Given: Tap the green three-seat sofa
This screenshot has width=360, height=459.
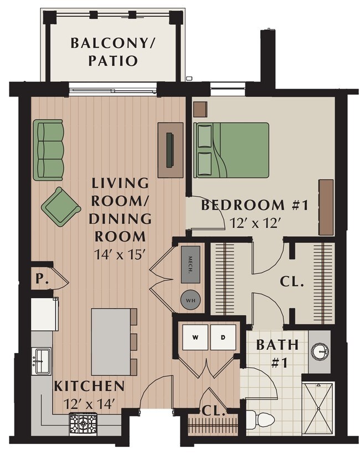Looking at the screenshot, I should [x=48, y=150].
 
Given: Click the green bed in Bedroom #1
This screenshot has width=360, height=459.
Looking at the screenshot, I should [x=231, y=150].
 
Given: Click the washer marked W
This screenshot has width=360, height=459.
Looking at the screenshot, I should [x=196, y=337].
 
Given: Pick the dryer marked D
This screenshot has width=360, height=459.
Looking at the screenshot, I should [x=223, y=337].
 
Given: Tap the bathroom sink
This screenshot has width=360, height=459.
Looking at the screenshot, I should [x=320, y=351].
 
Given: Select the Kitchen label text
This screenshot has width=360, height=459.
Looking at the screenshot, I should [x=89, y=386].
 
